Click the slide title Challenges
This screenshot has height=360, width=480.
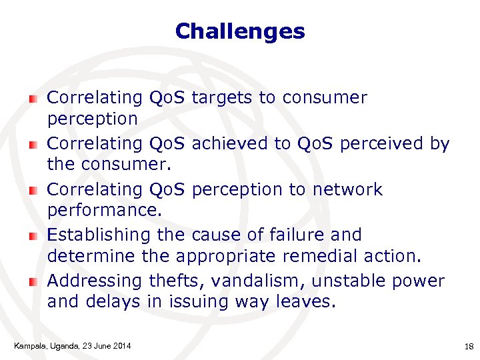tap(240, 31)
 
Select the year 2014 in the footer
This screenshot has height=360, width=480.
tap(121, 345)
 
